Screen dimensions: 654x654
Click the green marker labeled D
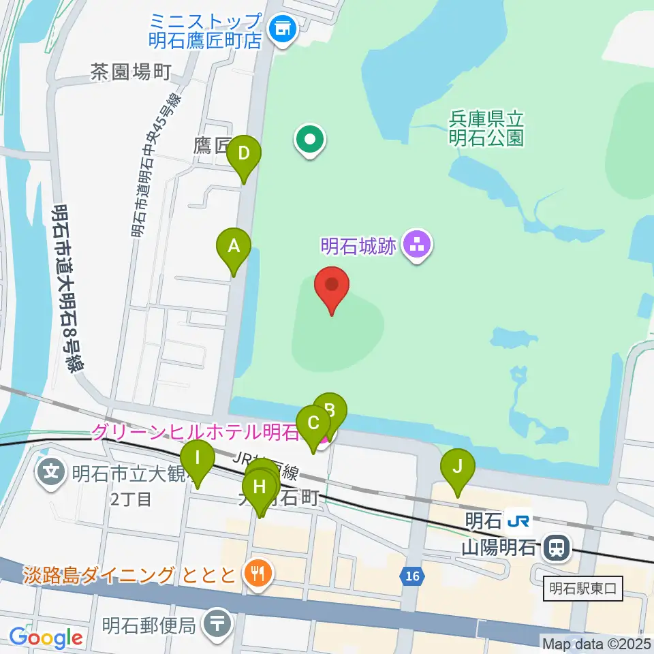[244, 155]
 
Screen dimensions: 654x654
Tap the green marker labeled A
[234, 247]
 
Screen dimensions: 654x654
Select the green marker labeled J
[458, 467]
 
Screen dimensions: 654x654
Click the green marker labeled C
[313, 424]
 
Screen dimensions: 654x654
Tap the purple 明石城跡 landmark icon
[417, 244]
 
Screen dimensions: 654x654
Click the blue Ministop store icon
[281, 29]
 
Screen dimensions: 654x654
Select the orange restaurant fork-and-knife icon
[257, 573]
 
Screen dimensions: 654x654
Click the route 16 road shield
[411, 576]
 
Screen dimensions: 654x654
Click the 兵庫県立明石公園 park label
[486, 128]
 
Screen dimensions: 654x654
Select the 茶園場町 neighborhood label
[130, 72]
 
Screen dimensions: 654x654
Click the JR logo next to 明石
[518, 521]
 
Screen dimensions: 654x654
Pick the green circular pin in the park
[311, 140]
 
